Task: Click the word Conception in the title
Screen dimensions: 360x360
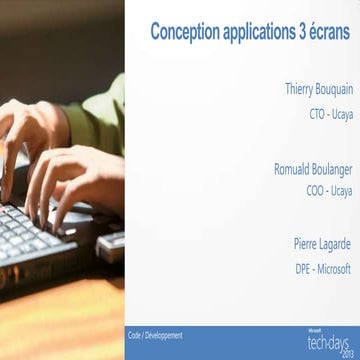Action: (x=183, y=30)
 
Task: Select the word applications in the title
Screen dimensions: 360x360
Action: (x=258, y=30)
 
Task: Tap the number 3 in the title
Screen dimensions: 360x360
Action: (x=304, y=30)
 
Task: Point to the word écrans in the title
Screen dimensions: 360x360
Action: (x=331, y=30)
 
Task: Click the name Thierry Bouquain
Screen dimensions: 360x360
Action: (x=318, y=89)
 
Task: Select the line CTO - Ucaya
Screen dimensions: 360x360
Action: (x=330, y=112)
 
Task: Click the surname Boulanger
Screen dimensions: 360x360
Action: (x=331, y=167)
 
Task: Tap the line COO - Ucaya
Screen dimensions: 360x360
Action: (x=329, y=190)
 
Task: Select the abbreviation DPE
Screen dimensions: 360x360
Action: (x=304, y=268)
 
